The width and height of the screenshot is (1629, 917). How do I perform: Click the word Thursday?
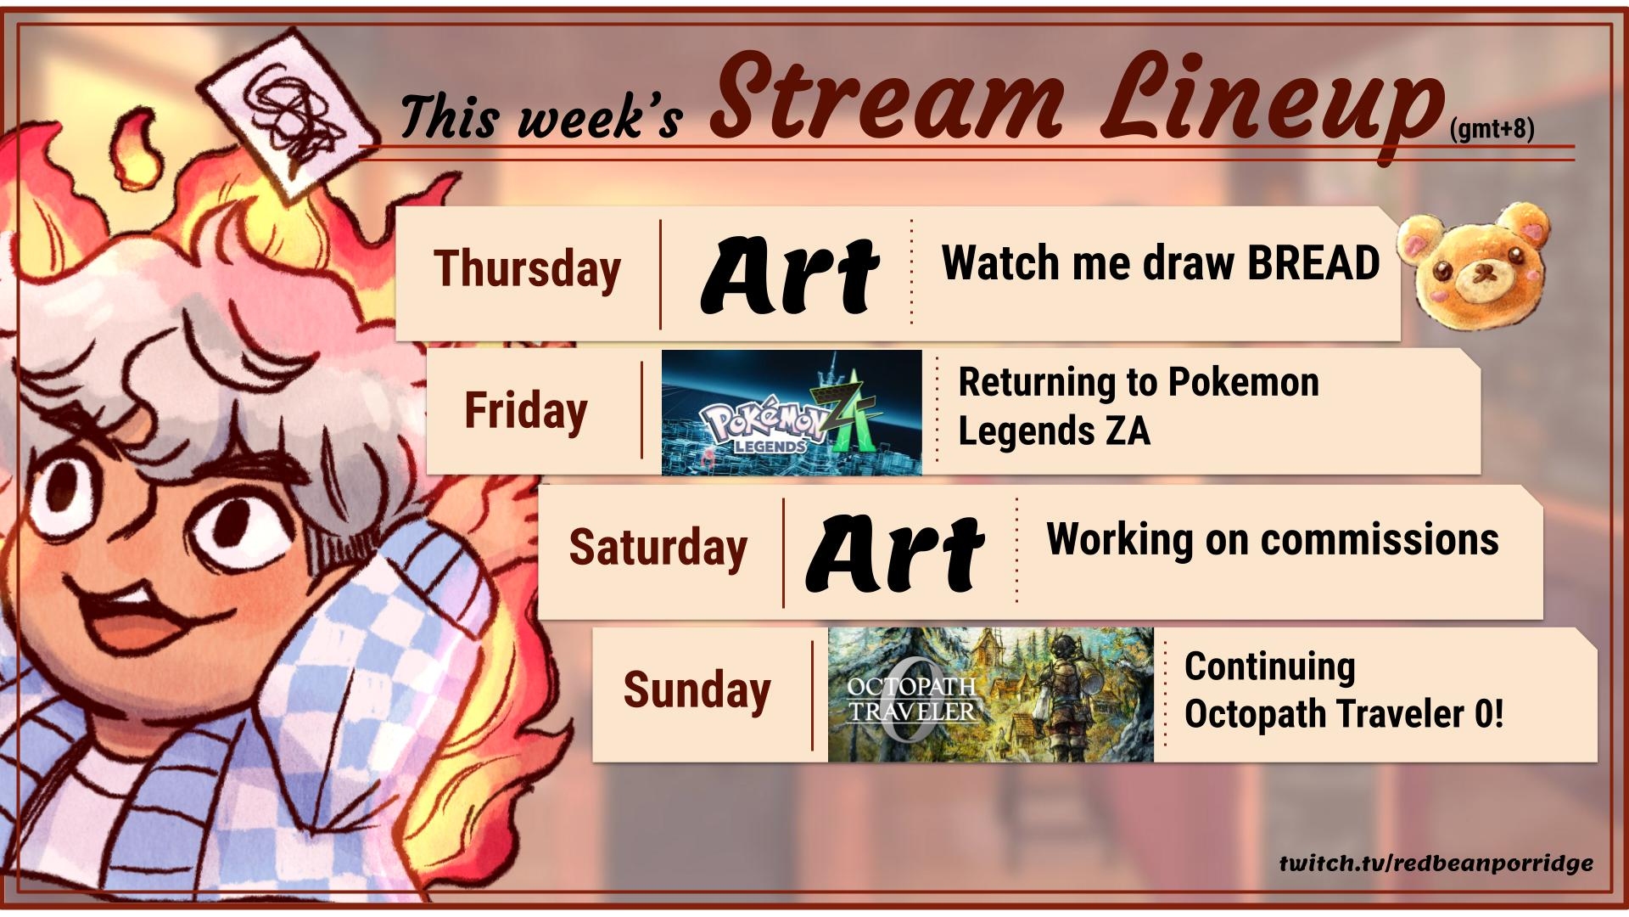coord(527,270)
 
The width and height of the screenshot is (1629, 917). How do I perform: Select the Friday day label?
coord(525,411)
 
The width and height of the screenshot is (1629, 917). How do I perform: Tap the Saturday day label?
coord(658,547)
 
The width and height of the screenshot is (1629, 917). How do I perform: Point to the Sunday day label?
coord(697,689)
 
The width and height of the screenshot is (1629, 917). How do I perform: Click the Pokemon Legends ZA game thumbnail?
coord(792,412)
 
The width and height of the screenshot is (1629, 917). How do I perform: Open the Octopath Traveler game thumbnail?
coord(991,695)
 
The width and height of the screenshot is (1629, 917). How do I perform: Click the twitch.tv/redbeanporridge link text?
coord(1436,864)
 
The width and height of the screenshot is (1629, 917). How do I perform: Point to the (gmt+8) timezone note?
coord(1492,129)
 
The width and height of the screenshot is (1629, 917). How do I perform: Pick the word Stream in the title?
coord(887,98)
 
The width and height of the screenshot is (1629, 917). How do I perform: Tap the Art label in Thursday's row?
coord(789,273)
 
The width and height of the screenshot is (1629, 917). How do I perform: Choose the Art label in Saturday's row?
coord(895,552)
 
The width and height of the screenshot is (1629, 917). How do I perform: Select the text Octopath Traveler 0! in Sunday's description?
coord(1344,713)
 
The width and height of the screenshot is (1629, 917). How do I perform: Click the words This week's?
coord(541,115)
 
